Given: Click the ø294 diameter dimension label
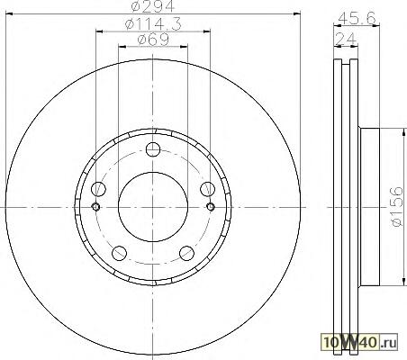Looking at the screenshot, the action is pyautogui.click(x=152, y=6).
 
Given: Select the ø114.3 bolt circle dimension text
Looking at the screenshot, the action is pyautogui.click(x=153, y=24).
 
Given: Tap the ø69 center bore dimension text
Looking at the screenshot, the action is pyautogui.click(x=153, y=40).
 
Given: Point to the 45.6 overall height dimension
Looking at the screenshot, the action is pyautogui.click(x=357, y=19).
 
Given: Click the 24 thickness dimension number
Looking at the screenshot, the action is pyautogui.click(x=346, y=40).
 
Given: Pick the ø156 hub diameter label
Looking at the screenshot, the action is pyautogui.click(x=396, y=207).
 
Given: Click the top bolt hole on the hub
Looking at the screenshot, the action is pyautogui.click(x=153, y=149).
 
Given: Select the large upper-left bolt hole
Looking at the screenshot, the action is pyautogui.click(x=98, y=189).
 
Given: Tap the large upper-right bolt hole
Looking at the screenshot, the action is pyautogui.click(x=208, y=189).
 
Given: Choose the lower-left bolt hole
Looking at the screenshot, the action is pyautogui.click(x=119, y=253).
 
